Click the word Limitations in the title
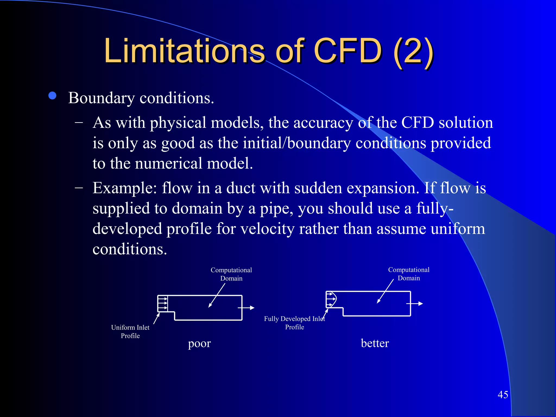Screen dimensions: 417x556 [184, 51]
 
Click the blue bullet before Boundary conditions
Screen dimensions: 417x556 [52, 96]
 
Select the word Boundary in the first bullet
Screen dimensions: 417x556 [101, 98]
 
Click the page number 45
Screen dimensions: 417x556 [503, 394]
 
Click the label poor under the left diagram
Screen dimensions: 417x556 [199, 344]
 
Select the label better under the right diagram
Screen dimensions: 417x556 [375, 343]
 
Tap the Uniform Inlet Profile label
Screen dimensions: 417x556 [130, 331]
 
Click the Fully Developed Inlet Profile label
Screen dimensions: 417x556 [295, 323]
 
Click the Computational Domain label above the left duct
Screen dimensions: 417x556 [231, 274]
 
